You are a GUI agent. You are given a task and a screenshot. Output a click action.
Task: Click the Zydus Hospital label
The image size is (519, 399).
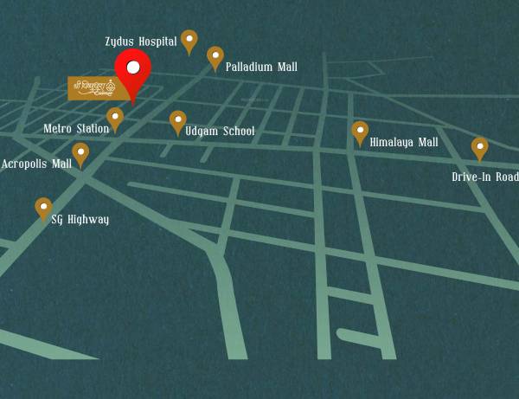[x=141, y=41]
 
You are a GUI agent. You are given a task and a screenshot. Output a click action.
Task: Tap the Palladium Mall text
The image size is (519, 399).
[x=261, y=67]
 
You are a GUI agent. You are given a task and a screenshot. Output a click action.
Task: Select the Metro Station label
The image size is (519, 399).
[x=76, y=129]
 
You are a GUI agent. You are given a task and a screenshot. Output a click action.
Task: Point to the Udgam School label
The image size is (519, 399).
[x=220, y=131]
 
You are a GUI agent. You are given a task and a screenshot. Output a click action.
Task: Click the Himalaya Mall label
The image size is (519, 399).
[x=404, y=142]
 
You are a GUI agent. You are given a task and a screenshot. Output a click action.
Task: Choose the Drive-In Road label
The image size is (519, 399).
[x=485, y=177]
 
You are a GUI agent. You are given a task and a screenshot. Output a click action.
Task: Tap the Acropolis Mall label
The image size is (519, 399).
[x=36, y=164]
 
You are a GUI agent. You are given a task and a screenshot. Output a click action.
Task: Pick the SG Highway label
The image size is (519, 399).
[x=80, y=220]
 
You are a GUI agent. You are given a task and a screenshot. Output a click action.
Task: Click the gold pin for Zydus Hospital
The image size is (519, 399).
[x=189, y=40]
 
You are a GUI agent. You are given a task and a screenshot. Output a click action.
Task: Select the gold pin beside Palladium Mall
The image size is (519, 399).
[x=215, y=56]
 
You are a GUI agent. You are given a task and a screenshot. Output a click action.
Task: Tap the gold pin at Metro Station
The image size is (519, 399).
[x=115, y=118]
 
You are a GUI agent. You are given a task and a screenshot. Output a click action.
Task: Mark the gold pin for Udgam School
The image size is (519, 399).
[x=177, y=120]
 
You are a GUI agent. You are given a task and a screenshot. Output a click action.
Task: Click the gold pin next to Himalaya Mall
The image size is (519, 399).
[x=360, y=132]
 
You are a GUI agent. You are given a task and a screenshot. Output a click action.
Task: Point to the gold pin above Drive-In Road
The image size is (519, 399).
[x=479, y=147]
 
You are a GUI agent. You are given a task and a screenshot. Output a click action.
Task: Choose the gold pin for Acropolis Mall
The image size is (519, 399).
[x=80, y=152]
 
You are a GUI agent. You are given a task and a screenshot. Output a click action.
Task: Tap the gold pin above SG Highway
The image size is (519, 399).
[x=43, y=208]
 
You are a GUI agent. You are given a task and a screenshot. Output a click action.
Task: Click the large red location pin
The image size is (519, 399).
[x=133, y=73]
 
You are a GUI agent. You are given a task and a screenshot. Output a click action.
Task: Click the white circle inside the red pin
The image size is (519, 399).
[x=133, y=67]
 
